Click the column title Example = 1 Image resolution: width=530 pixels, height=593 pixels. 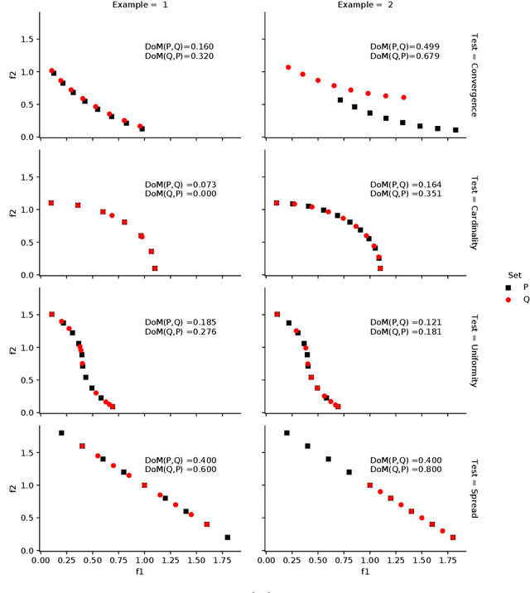(x=140, y=5)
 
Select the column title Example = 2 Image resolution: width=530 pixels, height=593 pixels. (x=365, y=5)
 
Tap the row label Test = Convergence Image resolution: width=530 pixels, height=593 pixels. (x=474, y=75)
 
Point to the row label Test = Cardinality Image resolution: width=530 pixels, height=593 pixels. (x=474, y=213)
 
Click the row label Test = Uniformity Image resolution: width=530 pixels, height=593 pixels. (x=474, y=350)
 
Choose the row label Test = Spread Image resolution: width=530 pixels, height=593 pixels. (x=474, y=489)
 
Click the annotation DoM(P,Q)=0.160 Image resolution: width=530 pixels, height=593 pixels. (x=179, y=46)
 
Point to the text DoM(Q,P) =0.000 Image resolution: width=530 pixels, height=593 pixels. (x=180, y=194)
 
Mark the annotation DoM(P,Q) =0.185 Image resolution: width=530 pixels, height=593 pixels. (x=180, y=321)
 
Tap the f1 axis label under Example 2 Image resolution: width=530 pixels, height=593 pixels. (x=365, y=571)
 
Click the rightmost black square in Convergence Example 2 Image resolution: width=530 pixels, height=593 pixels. (x=455, y=130)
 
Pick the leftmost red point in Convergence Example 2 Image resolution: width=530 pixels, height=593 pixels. (x=288, y=68)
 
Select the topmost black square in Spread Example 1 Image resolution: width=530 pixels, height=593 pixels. (x=61, y=433)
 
